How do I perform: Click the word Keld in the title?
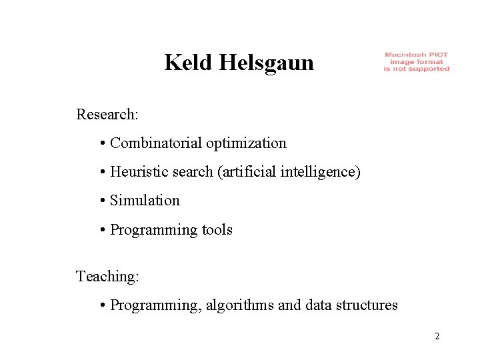tap(184, 63)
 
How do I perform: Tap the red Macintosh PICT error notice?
tap(416, 62)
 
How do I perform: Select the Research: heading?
tap(107, 115)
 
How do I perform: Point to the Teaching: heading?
tap(107, 276)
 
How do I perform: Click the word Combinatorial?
tap(156, 143)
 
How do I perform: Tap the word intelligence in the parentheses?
tap(327, 172)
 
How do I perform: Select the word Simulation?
tap(145, 201)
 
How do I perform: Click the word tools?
tap(217, 230)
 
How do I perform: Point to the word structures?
tap(368, 305)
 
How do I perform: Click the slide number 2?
tap(437, 336)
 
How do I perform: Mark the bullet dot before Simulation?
tap(103, 201)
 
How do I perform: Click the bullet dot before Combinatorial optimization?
tap(103, 143)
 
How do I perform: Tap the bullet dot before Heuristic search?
tap(103, 173)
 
